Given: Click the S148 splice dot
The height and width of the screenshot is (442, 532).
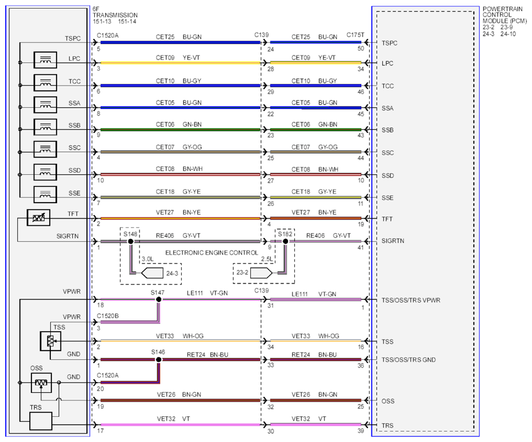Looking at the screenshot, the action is [x=130, y=242].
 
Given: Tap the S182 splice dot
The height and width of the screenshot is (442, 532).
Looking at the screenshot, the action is [x=285, y=242].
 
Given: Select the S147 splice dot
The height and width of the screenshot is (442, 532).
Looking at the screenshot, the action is [x=158, y=299].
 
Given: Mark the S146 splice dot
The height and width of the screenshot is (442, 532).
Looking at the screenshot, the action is [x=158, y=359].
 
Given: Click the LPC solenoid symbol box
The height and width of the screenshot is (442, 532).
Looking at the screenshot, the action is [x=45, y=61].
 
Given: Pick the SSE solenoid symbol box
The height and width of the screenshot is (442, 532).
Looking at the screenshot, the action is [x=45, y=195].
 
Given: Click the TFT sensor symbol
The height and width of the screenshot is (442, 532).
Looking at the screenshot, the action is [x=38, y=218].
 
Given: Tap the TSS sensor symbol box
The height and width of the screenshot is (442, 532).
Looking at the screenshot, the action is [x=50, y=341].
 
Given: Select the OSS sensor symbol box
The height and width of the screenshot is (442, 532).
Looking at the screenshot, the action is [x=41, y=383].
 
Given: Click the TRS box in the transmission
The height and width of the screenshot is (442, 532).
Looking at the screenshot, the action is [x=41, y=421].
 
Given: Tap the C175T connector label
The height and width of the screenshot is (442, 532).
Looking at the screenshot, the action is [x=355, y=35].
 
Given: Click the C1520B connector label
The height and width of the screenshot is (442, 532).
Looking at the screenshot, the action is [x=107, y=316].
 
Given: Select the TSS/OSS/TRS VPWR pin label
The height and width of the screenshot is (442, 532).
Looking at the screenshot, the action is [x=411, y=300].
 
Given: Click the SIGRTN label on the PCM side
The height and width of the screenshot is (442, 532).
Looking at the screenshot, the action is [x=393, y=241].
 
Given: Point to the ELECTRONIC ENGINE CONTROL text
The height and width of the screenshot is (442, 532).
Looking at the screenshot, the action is [x=211, y=253].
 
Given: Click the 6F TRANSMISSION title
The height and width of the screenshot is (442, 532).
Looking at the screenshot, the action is [x=115, y=12].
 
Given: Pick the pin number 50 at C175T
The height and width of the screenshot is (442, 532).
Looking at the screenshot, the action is [x=361, y=49].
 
